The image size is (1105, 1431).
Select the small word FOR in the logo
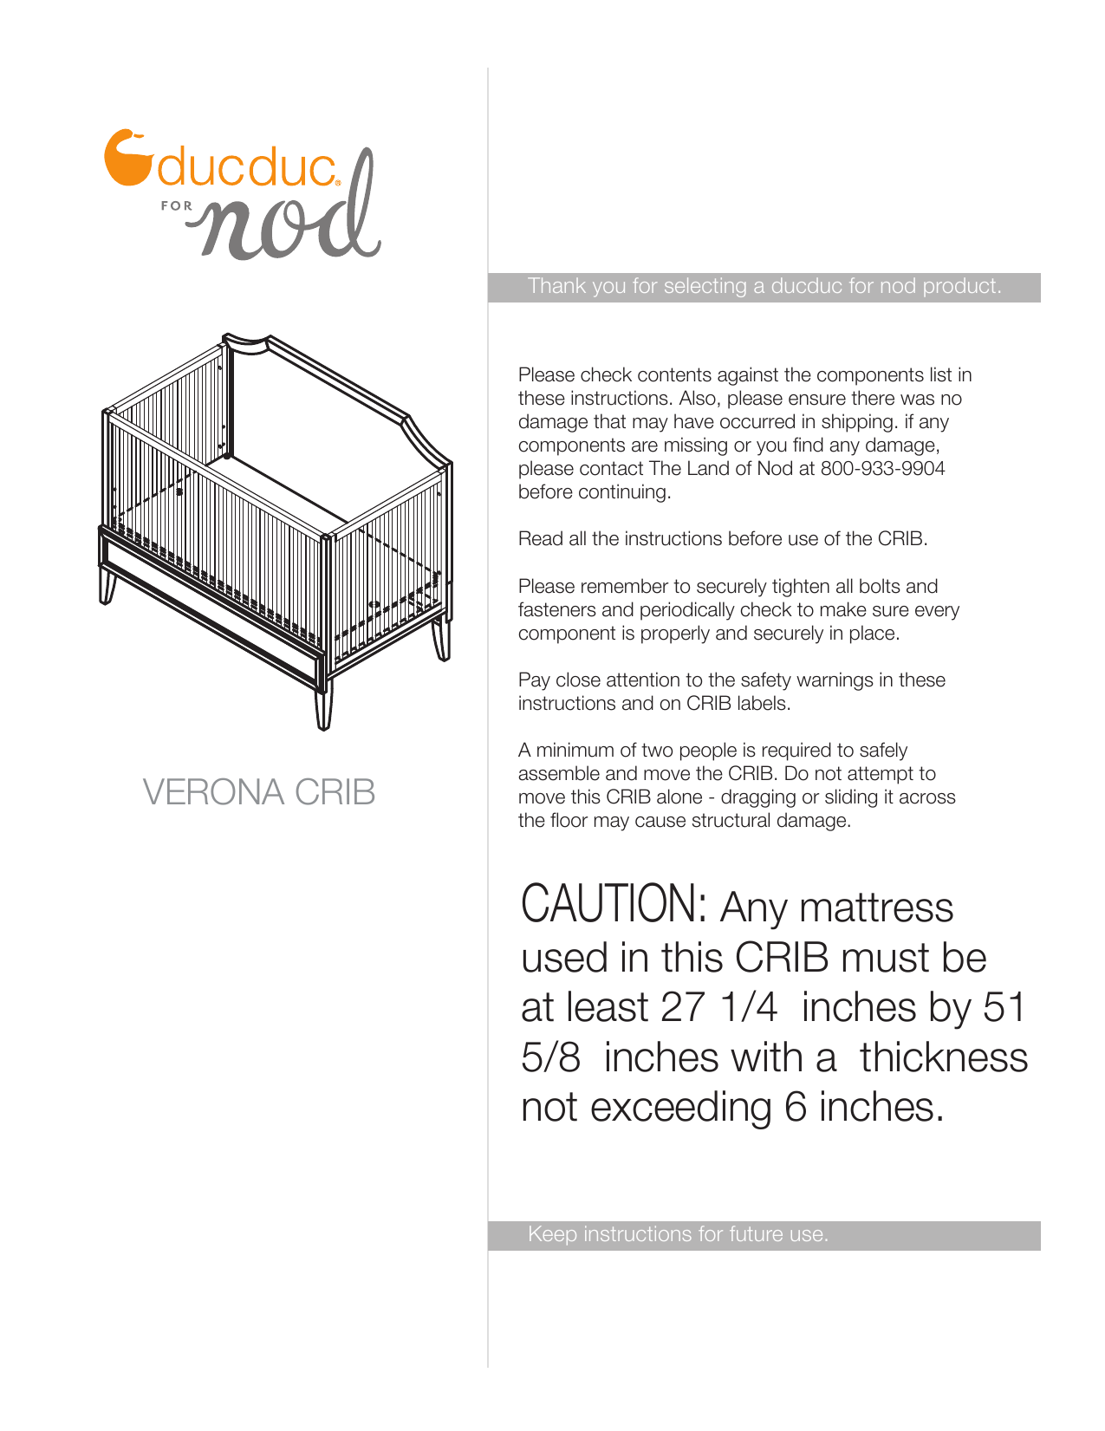point(176,206)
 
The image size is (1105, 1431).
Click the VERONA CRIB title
point(258,792)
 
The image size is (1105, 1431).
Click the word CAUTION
point(613,904)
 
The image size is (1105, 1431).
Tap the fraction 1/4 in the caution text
point(748,1008)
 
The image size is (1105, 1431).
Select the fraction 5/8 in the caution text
point(550,1058)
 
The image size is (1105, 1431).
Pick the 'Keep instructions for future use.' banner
point(678,1234)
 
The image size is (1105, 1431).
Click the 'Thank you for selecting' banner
point(764,287)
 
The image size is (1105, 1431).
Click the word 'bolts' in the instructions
point(880,587)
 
